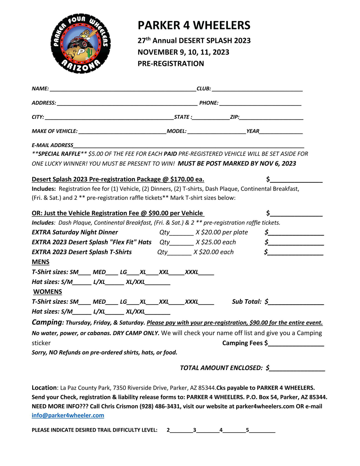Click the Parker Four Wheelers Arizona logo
(x=81, y=43)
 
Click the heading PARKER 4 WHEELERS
(x=194, y=25)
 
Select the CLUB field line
(x=257, y=89)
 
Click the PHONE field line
(x=260, y=103)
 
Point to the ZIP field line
(x=271, y=118)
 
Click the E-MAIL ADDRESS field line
(x=189, y=146)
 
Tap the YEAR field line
(x=281, y=132)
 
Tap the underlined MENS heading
(x=40, y=262)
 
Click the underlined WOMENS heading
(x=47, y=292)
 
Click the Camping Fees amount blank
(x=296, y=344)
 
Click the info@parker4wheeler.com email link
(x=68, y=415)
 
